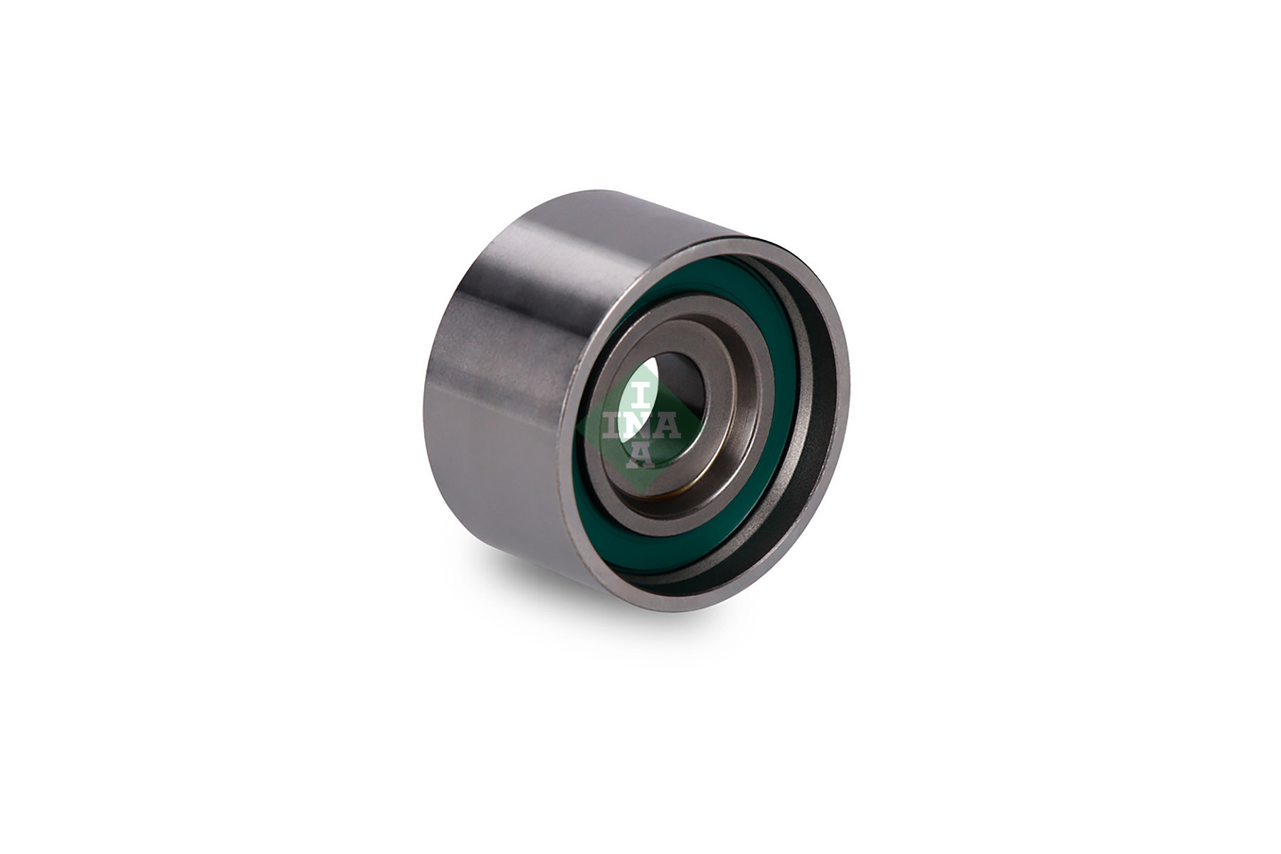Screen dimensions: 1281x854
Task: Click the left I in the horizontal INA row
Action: [612, 426]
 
